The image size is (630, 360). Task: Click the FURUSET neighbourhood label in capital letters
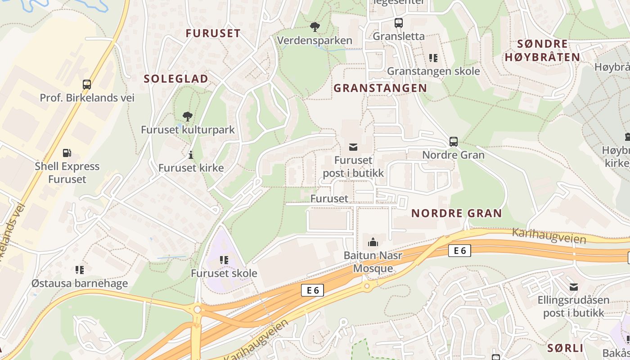pyautogui.click(x=213, y=33)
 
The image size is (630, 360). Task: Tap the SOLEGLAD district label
pyautogui.click(x=176, y=79)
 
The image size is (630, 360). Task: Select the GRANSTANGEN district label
pyautogui.click(x=380, y=88)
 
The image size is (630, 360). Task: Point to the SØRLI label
pyautogui.click(x=565, y=348)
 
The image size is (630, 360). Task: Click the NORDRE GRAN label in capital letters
pyautogui.click(x=456, y=213)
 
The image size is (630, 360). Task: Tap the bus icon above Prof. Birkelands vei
pyautogui.click(x=87, y=84)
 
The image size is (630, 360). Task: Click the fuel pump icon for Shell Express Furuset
pyautogui.click(x=67, y=153)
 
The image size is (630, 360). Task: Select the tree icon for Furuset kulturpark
pyautogui.click(x=188, y=117)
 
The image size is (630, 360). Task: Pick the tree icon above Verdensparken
pyautogui.click(x=315, y=27)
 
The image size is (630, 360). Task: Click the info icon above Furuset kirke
pyautogui.click(x=191, y=155)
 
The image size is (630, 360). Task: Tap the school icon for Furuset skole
pyautogui.click(x=224, y=260)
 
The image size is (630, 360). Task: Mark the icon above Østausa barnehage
pyautogui.click(x=80, y=270)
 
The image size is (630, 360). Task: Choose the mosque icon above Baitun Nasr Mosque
pyautogui.click(x=373, y=243)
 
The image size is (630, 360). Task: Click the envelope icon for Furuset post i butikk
pyautogui.click(x=353, y=147)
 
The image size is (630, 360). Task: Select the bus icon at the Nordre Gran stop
pyautogui.click(x=454, y=142)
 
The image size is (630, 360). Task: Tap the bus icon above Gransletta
pyautogui.click(x=399, y=22)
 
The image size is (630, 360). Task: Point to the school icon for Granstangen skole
pyautogui.click(x=433, y=58)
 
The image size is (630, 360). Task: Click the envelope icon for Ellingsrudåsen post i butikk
pyautogui.click(x=573, y=287)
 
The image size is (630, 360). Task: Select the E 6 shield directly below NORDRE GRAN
pyautogui.click(x=459, y=251)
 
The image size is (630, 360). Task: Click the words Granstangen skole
pyautogui.click(x=433, y=71)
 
